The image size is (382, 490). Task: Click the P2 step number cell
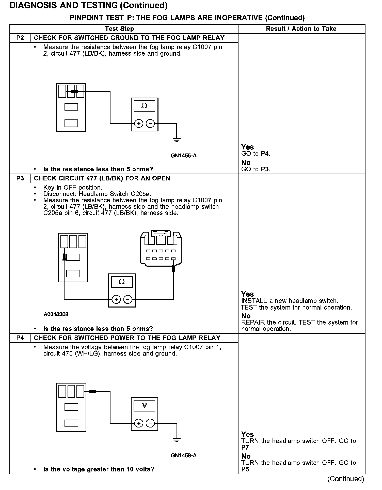coord(20,38)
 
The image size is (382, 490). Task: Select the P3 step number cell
coord(20,178)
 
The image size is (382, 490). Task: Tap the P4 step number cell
coord(20,338)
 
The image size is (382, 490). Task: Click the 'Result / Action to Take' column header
coord(301,29)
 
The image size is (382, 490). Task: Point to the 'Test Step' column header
coord(119,29)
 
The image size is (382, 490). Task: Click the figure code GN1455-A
coord(184,156)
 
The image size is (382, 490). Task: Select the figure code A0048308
coord(56,314)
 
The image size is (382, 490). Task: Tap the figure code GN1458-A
coord(184,455)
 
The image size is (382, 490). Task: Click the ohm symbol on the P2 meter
coord(144,106)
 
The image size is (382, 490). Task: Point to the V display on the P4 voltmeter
coord(144,406)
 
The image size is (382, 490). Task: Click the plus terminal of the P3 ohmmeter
coord(116,300)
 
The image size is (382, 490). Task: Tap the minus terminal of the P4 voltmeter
coord(150,423)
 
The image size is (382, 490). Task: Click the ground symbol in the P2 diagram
coord(177,140)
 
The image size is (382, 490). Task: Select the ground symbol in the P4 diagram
coord(177,439)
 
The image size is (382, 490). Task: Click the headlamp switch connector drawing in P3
coord(161,249)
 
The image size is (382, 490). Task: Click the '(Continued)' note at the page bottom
coord(346,479)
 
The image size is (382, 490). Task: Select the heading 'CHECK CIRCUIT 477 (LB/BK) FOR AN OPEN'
coord(102,178)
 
